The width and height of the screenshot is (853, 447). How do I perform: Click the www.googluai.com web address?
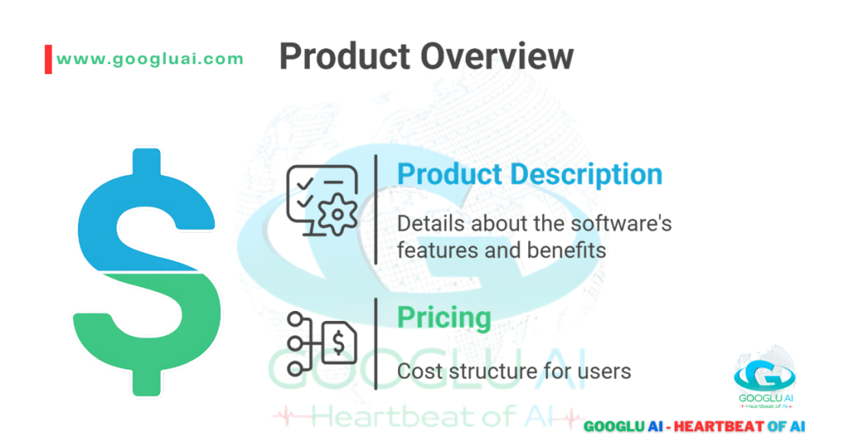pos(150,58)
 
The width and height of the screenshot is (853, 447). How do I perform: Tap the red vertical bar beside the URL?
pos(48,59)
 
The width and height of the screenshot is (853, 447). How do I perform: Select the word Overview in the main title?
pos(496,57)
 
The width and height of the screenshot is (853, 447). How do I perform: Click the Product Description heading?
pos(529,174)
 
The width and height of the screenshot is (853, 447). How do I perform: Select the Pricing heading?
pos(443,317)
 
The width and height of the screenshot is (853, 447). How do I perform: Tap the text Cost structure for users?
pos(513,371)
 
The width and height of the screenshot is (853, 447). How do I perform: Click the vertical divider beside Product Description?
pos(376,209)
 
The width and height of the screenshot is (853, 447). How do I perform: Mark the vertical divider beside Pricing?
pos(376,343)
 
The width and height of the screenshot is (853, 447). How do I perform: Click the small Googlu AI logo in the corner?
pos(764,379)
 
